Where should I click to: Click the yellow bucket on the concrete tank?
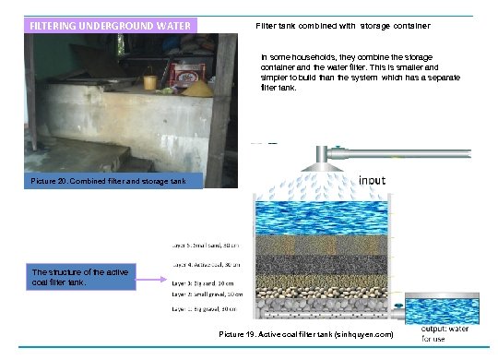[149, 81]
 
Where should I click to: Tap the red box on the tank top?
[189, 72]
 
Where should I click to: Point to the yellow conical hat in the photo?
[196, 89]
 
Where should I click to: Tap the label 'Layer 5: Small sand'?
[205, 246]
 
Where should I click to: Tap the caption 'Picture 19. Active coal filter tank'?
[306, 332]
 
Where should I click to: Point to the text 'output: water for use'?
[445, 333]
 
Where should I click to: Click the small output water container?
[444, 309]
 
